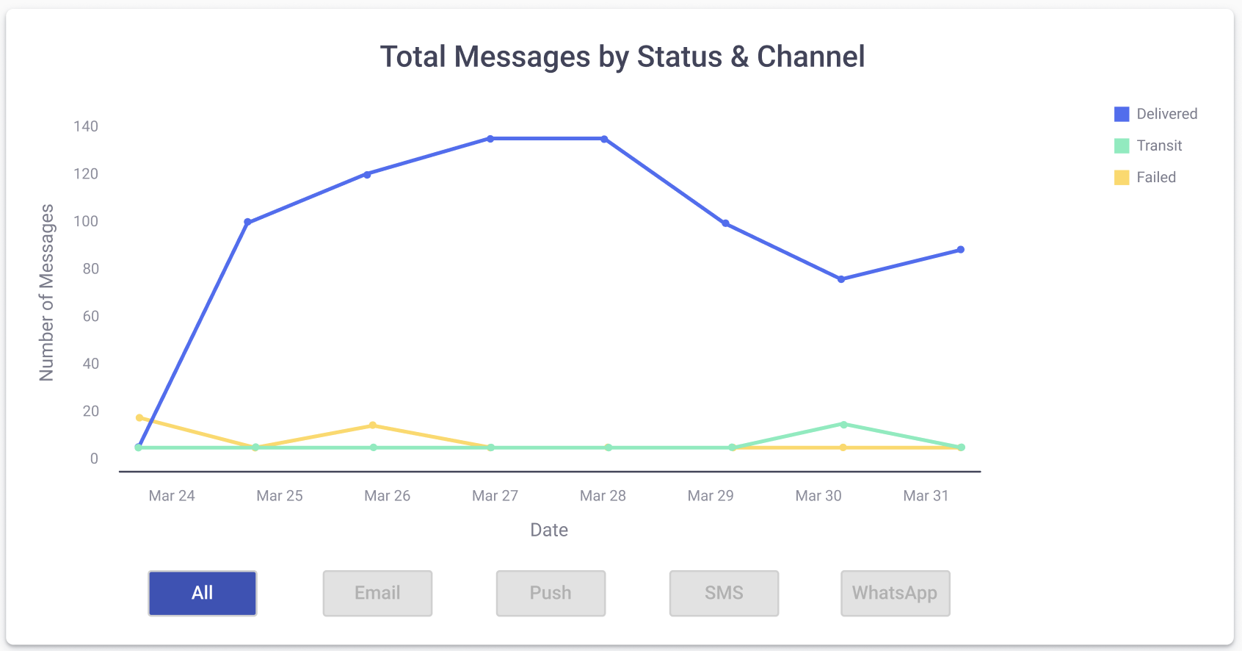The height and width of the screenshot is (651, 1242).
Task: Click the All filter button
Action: click(203, 593)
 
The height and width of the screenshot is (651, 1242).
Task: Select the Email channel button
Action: click(377, 593)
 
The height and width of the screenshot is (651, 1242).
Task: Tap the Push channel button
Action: click(551, 593)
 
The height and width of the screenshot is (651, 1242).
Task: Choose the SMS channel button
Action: click(724, 593)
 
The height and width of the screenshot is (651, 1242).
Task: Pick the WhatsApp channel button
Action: click(895, 593)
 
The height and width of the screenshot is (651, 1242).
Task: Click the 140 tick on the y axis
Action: click(86, 126)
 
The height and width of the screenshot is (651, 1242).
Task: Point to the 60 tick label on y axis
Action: click(91, 316)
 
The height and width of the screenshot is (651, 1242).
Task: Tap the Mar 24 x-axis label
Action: click(172, 496)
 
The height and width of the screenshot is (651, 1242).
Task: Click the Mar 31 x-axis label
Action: click(926, 496)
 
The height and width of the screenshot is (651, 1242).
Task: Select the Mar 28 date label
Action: click(603, 496)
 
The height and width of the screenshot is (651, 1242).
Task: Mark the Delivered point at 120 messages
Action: click(367, 174)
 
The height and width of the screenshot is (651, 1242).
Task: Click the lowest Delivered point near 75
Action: click(841, 279)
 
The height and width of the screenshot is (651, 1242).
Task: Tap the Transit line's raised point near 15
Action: click(843, 425)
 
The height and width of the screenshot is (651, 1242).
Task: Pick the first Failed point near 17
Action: click(139, 418)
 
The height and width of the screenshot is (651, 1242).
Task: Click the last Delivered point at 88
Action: click(960, 250)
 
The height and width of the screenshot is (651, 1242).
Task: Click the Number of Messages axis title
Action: click(47, 292)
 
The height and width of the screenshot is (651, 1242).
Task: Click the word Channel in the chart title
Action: click(810, 57)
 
